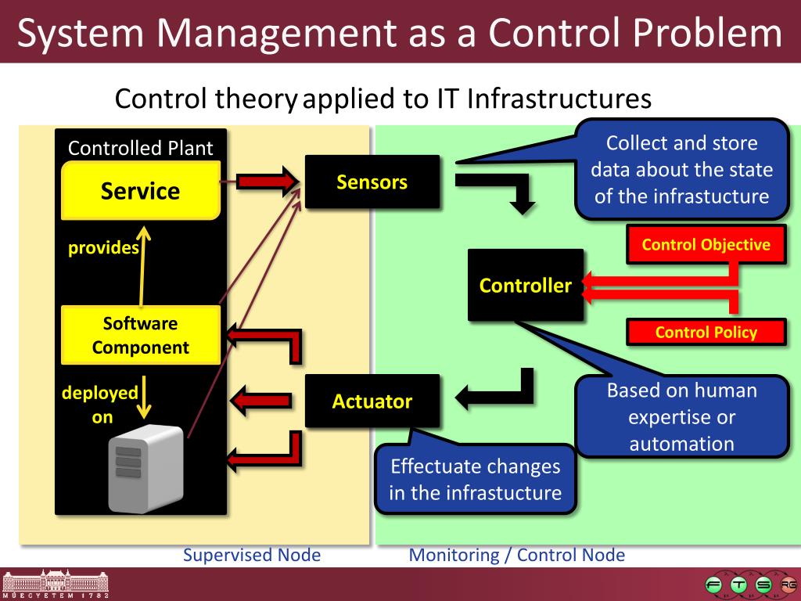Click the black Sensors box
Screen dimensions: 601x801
pos(372,182)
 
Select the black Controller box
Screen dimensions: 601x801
pos(526,285)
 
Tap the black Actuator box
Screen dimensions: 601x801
pos(372,401)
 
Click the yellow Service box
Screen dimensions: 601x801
pos(141,190)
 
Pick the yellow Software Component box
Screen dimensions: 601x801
pos(141,336)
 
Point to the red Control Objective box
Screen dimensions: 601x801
pos(706,245)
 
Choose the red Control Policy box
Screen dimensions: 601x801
pos(706,332)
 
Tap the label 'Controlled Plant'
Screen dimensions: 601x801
pos(141,148)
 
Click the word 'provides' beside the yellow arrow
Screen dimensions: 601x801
pos(103,248)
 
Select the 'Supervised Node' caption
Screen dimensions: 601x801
pos(252,556)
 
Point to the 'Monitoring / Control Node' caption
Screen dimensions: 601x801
pos(517,556)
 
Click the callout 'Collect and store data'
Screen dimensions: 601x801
pos(681,169)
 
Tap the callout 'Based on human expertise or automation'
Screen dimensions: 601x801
pos(681,417)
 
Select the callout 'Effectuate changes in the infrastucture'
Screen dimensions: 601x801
pos(476,479)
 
